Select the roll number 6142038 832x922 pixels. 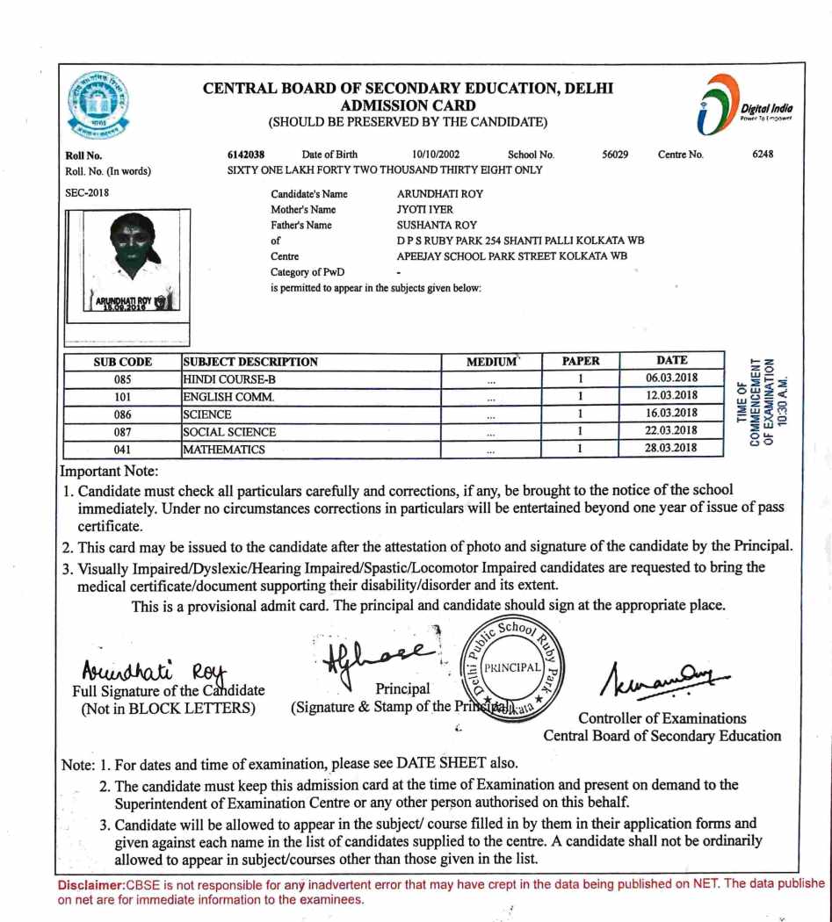[x=246, y=155]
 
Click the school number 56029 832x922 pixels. [x=615, y=155]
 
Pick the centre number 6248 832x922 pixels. [x=763, y=155]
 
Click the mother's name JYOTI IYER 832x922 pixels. [x=425, y=210]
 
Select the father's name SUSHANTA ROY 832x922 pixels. [x=437, y=225]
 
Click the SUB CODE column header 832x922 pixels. [x=123, y=362]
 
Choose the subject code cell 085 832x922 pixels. [x=123, y=379]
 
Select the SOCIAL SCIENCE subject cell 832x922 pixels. [x=229, y=432]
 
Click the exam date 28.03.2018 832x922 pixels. [x=671, y=449]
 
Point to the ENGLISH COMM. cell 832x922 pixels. [x=228, y=397]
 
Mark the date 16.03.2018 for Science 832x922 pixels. [x=671, y=414]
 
